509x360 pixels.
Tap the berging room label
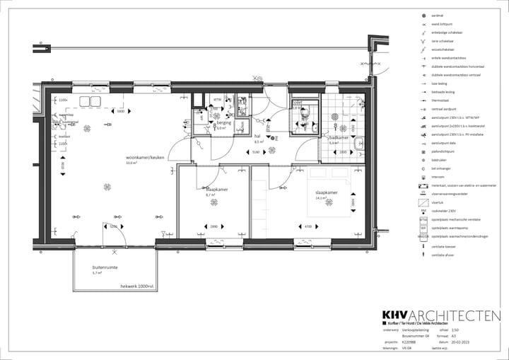click(223, 123)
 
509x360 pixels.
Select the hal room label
click(258, 136)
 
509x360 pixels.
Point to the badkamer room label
click(339, 138)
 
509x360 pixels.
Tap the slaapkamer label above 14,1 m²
click(327, 192)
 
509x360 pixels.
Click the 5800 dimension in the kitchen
click(120, 111)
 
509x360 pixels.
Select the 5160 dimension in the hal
click(256, 152)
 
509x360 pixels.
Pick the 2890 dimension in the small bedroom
click(213, 226)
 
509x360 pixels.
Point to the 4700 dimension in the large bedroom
click(308, 226)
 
